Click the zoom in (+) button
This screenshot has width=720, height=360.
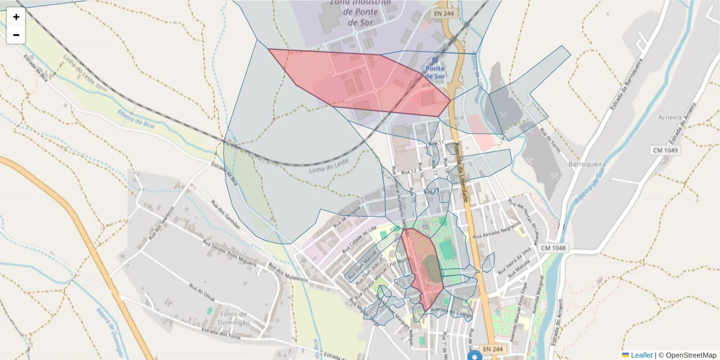pos(16,17)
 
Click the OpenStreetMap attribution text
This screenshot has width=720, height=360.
pos(691,355)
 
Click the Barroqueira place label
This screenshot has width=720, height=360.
pos(589,164)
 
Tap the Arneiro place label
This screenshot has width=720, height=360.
pos(670,117)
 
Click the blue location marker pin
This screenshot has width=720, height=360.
pos(475,355)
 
